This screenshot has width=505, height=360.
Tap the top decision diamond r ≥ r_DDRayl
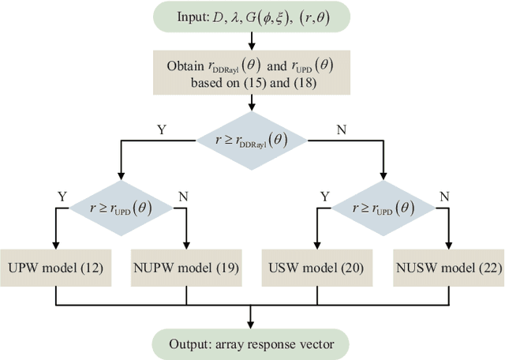[x=251, y=138]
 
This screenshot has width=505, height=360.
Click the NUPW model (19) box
[x=186, y=268]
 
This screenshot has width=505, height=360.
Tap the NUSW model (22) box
[x=447, y=268]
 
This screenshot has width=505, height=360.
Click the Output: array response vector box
[x=251, y=343]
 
